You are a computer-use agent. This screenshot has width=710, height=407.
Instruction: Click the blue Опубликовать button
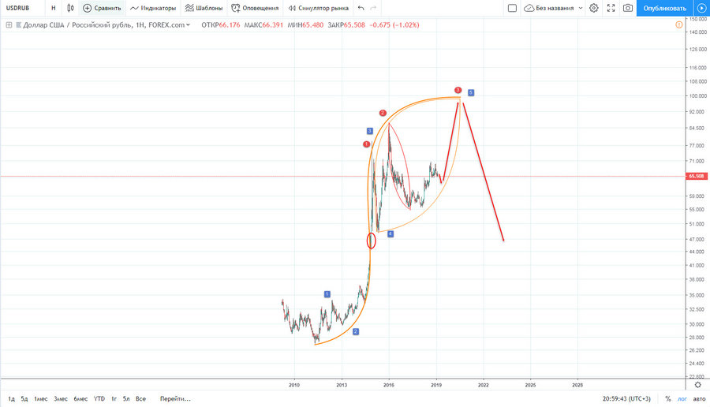664,8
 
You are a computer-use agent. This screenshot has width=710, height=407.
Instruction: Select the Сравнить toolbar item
102,8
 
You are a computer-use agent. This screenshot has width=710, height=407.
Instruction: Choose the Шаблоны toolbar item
204,8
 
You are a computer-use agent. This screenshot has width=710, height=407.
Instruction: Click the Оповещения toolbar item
255,8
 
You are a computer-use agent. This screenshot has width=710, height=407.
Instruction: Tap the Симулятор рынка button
318,8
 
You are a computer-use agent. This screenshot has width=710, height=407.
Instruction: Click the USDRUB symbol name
18,8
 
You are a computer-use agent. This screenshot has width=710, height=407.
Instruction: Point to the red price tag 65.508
696,177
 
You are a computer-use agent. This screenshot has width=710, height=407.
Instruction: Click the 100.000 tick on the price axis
696,96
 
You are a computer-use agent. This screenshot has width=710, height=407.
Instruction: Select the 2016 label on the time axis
388,385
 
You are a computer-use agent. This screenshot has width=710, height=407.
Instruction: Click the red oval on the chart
372,241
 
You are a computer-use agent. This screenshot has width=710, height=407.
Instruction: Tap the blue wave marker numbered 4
390,234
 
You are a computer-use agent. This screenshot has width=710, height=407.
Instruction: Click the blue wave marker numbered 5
471,93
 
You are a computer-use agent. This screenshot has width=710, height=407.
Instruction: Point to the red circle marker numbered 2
383,114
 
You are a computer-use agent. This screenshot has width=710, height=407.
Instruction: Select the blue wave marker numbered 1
327,294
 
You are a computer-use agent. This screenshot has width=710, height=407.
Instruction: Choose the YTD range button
99,399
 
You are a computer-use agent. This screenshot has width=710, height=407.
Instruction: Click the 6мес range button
80,399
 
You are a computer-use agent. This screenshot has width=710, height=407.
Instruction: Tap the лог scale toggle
682,399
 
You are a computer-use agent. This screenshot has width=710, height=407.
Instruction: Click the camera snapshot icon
627,8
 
